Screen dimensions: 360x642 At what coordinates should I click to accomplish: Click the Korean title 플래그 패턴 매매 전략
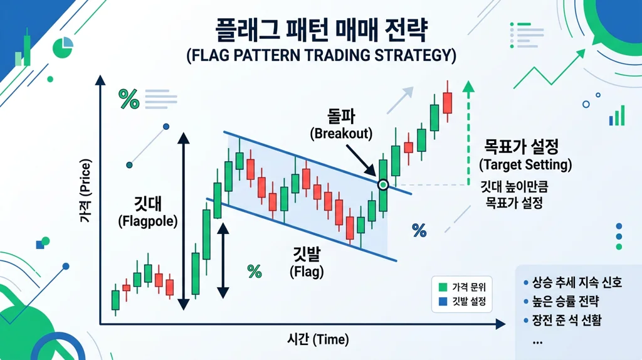click(x=320, y=29)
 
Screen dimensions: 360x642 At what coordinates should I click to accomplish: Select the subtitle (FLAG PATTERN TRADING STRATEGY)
click(x=320, y=55)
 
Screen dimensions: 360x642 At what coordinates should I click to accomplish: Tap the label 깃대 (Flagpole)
click(x=147, y=211)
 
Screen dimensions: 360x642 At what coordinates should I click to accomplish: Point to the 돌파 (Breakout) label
click(x=341, y=125)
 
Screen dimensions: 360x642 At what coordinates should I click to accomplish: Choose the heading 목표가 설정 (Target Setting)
click(x=525, y=156)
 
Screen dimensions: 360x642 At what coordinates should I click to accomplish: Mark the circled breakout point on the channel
click(x=383, y=184)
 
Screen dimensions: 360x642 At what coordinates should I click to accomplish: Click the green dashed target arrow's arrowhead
click(x=468, y=87)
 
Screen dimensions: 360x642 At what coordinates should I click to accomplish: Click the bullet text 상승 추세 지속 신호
click(x=577, y=283)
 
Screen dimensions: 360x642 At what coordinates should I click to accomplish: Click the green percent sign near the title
click(x=129, y=99)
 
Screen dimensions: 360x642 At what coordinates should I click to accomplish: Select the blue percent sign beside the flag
click(x=419, y=230)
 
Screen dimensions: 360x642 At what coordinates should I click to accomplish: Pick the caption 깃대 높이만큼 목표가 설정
click(x=518, y=195)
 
